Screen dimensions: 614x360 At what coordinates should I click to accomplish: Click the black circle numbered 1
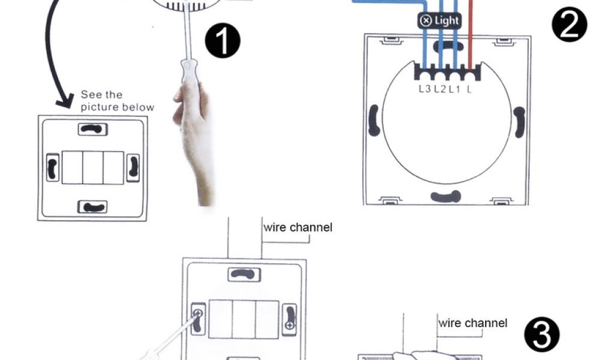tap(222, 41)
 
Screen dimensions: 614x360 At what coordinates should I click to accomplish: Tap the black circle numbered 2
tap(570, 24)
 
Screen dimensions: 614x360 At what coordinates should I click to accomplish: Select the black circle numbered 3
tap(541, 334)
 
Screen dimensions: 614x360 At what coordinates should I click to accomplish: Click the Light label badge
tap(440, 20)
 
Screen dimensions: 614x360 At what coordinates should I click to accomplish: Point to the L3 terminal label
tap(425, 90)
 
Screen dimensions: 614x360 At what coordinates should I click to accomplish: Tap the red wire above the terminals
tap(471, 36)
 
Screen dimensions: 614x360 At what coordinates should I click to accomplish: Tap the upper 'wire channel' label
tap(297, 227)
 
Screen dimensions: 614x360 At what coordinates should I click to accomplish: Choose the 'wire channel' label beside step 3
tap(472, 323)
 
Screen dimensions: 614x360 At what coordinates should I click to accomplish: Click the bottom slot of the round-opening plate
tap(446, 196)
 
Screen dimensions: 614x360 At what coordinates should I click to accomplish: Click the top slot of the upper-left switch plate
tap(92, 128)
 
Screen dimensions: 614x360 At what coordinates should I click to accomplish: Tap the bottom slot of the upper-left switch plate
tap(92, 207)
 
